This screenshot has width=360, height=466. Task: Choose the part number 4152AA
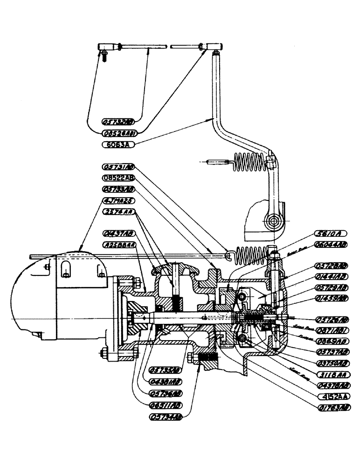[330, 397]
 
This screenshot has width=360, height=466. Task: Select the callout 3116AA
[330, 374]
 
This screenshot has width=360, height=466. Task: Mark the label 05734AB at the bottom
[165, 417]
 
